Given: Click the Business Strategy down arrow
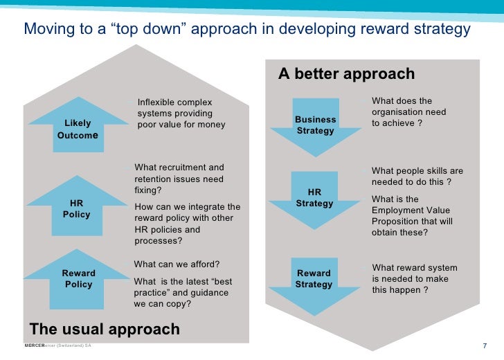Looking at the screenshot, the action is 316,125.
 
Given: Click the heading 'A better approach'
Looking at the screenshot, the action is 346,74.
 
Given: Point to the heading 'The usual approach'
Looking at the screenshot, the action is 104,329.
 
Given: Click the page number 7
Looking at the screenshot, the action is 485,345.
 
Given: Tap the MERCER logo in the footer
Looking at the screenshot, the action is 35,345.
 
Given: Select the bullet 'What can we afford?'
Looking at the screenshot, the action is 177,264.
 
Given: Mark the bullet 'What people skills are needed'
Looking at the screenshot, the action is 417,177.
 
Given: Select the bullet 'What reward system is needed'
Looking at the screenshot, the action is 414,279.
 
